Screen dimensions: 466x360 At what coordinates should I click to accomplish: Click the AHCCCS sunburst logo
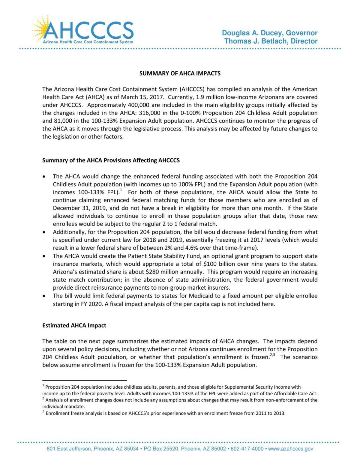83,30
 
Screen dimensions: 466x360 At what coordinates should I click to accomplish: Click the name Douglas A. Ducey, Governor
269,33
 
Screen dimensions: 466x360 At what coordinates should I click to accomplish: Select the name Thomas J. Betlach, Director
271,41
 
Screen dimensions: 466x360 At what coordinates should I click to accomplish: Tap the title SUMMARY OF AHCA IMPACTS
180,73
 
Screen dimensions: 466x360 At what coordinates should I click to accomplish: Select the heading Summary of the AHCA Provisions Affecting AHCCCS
111,160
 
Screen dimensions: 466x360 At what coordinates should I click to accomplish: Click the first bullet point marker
44,176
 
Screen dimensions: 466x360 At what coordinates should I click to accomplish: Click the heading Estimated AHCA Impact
74,325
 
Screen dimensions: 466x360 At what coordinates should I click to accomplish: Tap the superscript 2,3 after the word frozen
272,355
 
